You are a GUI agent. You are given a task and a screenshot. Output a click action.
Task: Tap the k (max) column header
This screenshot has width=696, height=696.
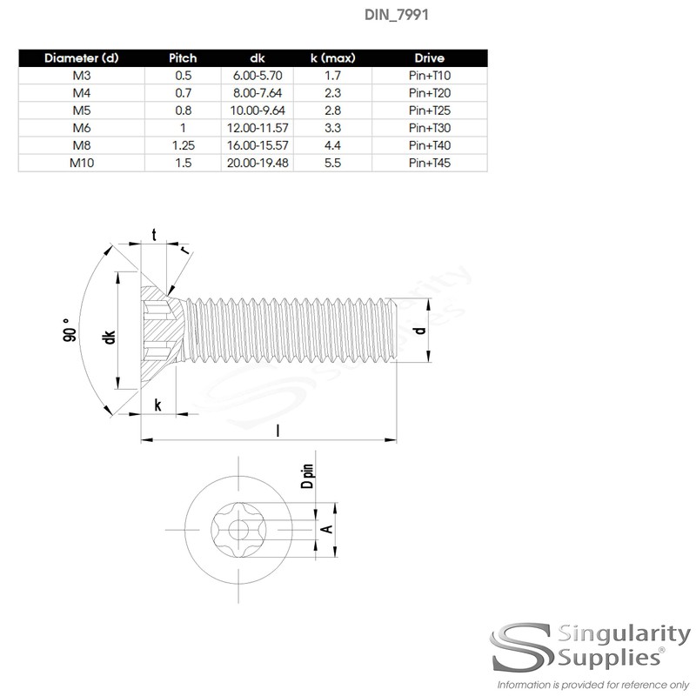pos(331,58)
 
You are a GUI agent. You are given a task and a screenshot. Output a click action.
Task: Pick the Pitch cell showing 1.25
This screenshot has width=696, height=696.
pos(182,145)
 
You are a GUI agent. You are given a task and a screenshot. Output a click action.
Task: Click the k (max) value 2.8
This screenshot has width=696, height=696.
pos(331,110)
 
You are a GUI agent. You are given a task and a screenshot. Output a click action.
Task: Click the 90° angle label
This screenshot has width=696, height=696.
pos(70,335)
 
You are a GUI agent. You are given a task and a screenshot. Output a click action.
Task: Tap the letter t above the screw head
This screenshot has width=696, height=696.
pos(155,235)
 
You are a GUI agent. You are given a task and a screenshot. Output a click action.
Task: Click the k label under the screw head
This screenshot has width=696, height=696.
pos(157,405)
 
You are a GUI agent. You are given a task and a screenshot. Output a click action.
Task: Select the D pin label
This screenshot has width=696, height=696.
pos(307,478)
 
